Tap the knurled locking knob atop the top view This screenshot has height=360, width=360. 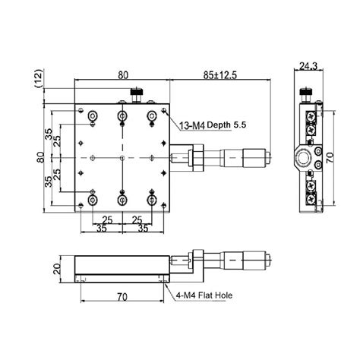138,95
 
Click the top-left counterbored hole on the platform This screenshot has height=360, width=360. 93,115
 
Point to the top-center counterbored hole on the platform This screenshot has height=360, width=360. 122,115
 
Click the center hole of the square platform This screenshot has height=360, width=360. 122,158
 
